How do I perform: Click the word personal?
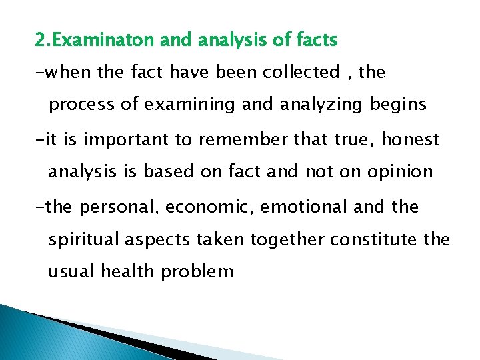119,207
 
